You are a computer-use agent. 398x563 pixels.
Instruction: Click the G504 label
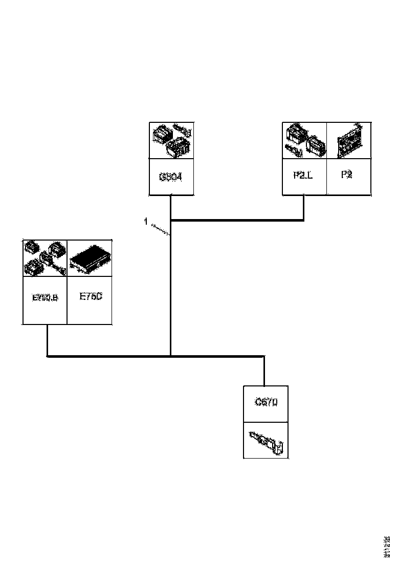(171, 178)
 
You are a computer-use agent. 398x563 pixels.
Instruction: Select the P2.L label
(304, 175)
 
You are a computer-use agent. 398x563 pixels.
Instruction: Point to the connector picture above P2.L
(304, 140)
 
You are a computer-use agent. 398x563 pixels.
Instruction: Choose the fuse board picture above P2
(349, 140)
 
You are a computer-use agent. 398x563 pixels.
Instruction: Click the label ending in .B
(45, 298)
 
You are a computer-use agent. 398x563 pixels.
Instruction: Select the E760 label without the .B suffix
(90, 297)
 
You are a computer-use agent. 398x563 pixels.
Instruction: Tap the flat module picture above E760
(90, 259)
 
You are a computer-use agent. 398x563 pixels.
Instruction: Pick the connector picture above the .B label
(45, 259)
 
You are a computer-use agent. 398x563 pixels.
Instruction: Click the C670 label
(266, 403)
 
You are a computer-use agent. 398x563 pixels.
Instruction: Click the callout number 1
(146, 222)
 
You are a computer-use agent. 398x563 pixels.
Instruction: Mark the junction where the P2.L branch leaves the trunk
(170, 221)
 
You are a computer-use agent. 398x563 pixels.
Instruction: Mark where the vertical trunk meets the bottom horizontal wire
(170, 356)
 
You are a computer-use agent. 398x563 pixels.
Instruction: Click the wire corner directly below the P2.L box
(304, 221)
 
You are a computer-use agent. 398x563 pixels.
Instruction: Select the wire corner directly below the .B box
(47, 356)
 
